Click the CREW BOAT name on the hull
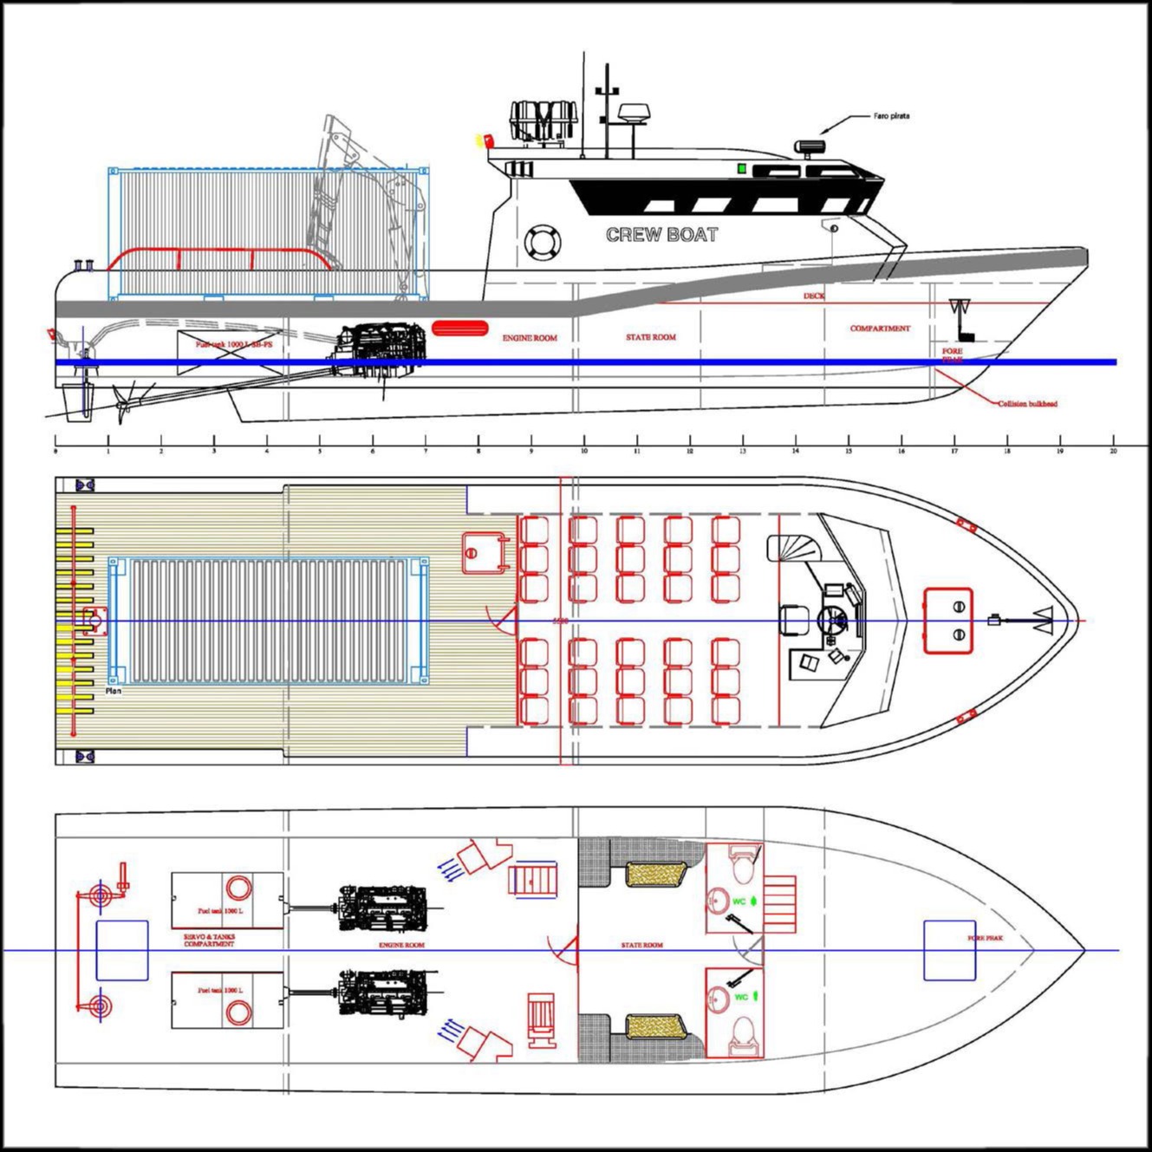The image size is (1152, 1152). pos(661,234)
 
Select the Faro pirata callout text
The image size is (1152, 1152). pos(891,115)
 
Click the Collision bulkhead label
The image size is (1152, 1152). pos(1027,404)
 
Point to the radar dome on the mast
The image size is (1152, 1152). pos(631,113)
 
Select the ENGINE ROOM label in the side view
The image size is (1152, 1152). pos(530,338)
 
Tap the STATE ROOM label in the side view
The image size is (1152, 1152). pos(650,337)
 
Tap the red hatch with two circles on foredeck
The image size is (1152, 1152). pos(947,621)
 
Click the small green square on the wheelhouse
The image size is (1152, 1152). pos(741,168)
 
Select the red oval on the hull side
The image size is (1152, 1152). pos(455,328)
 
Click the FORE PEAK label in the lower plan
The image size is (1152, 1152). pos(986,938)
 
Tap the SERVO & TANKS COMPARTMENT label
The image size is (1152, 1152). pos(209,940)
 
